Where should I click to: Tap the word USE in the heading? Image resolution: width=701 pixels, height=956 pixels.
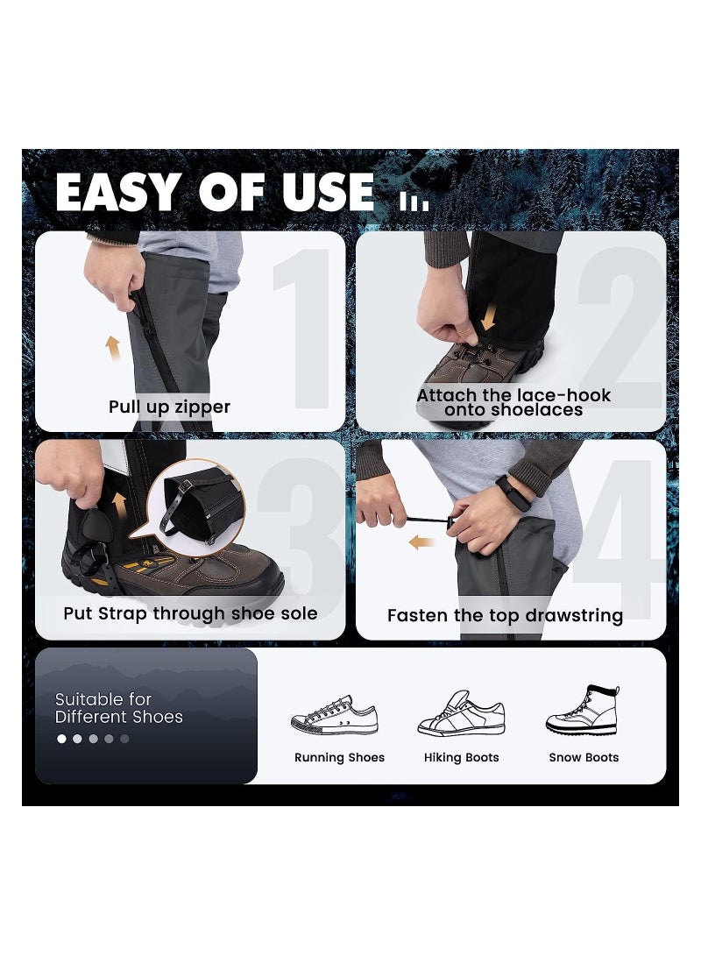(329, 192)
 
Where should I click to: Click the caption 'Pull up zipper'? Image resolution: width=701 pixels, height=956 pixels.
(169, 407)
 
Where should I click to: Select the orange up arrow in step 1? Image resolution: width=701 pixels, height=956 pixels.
(113, 349)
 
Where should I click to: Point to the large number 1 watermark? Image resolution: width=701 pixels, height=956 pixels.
(302, 329)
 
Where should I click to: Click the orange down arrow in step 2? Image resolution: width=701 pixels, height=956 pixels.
(488, 317)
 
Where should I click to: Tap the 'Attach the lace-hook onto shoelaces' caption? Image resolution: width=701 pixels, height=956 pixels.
(513, 402)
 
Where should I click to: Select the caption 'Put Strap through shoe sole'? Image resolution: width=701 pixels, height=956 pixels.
(190, 613)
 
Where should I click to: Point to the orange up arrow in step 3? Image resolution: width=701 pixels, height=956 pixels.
(120, 506)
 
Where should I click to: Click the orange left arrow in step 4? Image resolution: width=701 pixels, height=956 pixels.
(422, 542)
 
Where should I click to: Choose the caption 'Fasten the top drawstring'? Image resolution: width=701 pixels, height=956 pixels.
(505, 615)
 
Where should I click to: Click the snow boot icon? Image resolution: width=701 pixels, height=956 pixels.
(583, 711)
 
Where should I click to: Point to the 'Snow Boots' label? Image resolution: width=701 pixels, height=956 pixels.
(584, 757)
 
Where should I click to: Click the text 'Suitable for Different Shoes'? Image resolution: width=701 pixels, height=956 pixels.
(118, 708)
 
